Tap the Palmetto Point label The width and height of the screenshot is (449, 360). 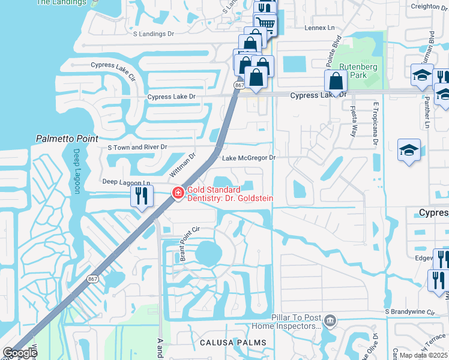point(67,139)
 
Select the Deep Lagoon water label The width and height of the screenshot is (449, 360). point(76,171)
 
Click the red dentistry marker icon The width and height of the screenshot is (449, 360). point(178,193)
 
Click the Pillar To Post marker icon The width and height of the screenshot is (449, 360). point(330,322)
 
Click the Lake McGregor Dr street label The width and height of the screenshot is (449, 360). point(249,158)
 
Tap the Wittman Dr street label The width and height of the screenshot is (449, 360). point(183,164)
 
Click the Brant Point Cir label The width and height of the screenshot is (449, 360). point(188,244)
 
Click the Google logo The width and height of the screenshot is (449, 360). point(20,353)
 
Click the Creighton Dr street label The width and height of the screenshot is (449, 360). point(427,6)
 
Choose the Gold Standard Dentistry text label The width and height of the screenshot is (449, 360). point(231,194)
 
